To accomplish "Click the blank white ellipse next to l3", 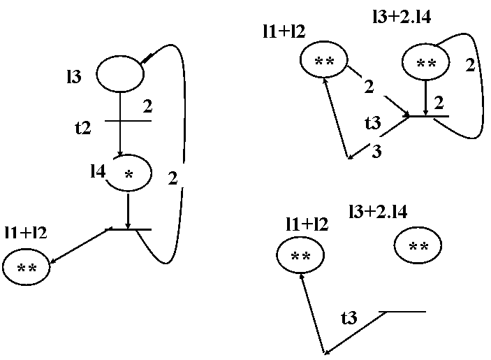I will [x=119, y=75].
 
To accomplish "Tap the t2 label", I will [x=84, y=127].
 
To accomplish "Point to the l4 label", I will [x=98, y=170].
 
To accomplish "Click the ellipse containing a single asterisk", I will [x=129, y=173].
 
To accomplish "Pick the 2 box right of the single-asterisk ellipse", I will [x=177, y=177].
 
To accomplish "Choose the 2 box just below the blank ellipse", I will [x=148, y=106].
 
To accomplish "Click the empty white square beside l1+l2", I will [x=343, y=26].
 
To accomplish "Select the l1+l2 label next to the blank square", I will [x=293, y=30].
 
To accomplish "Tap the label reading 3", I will [x=378, y=150].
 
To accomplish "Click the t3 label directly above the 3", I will [x=374, y=122].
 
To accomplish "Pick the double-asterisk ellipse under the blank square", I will [x=324, y=62].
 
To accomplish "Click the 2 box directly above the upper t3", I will [x=374, y=86].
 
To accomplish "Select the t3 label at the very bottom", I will [x=351, y=317].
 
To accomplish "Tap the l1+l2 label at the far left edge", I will [x=29, y=231].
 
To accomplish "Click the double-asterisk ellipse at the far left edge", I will [x=26, y=268].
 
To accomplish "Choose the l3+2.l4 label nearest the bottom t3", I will [x=379, y=210].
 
